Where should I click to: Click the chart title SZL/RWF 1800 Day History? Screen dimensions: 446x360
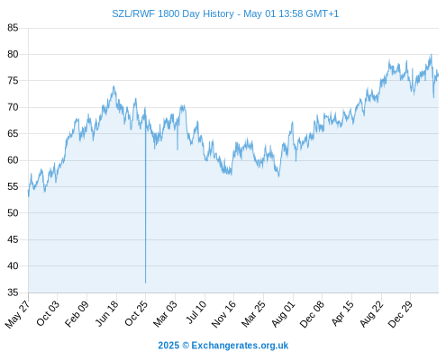coord(173,13)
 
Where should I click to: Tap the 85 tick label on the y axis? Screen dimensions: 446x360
coord(13,28)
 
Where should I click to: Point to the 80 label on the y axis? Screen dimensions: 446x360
coord(13,54)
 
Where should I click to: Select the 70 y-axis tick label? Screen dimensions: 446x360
coord(13,107)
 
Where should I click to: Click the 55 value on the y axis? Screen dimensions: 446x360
coord(13,186)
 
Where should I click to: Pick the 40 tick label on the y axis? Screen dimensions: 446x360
coord(13,265)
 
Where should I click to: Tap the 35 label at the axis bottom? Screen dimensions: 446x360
coord(13,292)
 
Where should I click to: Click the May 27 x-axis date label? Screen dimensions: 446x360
coord(17,314)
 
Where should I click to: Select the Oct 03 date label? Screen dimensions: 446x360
coord(48,313)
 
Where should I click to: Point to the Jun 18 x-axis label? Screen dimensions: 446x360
coord(107,313)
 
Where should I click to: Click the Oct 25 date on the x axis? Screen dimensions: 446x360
coord(136,313)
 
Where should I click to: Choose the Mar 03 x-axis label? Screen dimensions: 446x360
coord(165,314)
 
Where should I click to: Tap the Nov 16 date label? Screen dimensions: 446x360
coord(223,314)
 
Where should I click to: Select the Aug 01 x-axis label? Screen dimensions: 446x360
coord(283,314)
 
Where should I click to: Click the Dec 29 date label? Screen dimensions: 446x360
coord(400,314)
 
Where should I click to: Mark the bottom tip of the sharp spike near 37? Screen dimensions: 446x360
coord(145,283)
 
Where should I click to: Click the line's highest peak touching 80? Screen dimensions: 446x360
coord(432,54)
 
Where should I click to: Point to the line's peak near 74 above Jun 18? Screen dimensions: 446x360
coord(114,86)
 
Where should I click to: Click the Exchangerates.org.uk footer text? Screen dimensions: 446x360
coord(240,346)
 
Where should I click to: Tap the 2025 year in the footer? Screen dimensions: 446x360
coord(168,346)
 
